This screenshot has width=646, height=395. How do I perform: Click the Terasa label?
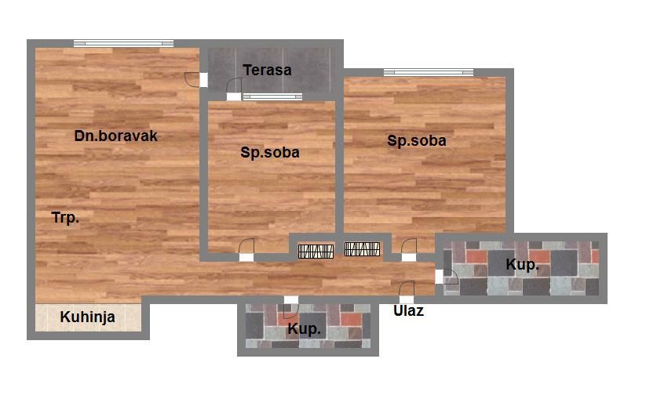click(x=267, y=70)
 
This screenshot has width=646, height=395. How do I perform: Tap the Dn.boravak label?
click(x=115, y=136)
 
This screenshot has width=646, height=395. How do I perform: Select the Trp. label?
click(x=65, y=217)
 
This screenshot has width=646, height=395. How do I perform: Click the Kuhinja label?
click(x=87, y=317)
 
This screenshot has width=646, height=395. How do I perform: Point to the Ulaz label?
click(x=408, y=310)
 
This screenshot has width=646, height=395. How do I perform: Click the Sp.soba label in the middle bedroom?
click(x=270, y=153)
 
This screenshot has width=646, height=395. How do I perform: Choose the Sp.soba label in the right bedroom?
click(x=417, y=141)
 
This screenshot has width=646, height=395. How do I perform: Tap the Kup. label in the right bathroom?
click(x=523, y=265)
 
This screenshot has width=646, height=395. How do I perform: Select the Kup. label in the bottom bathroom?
click(x=304, y=328)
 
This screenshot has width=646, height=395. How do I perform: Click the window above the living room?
click(x=123, y=43)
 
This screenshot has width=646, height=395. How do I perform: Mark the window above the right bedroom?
click(x=429, y=72)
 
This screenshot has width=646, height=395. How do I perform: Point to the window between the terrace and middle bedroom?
click(x=272, y=97)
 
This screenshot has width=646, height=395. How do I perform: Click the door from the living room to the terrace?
click(x=196, y=80)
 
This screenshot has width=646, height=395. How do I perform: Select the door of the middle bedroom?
click(x=246, y=250)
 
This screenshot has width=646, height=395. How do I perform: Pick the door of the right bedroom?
click(x=409, y=250)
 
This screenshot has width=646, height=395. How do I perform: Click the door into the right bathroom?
click(x=447, y=277)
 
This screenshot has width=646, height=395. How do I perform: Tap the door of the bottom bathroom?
click(x=291, y=307)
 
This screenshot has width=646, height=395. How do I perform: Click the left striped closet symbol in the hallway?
click(x=316, y=252)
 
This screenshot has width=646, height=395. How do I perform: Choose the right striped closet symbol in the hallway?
click(x=362, y=249)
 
